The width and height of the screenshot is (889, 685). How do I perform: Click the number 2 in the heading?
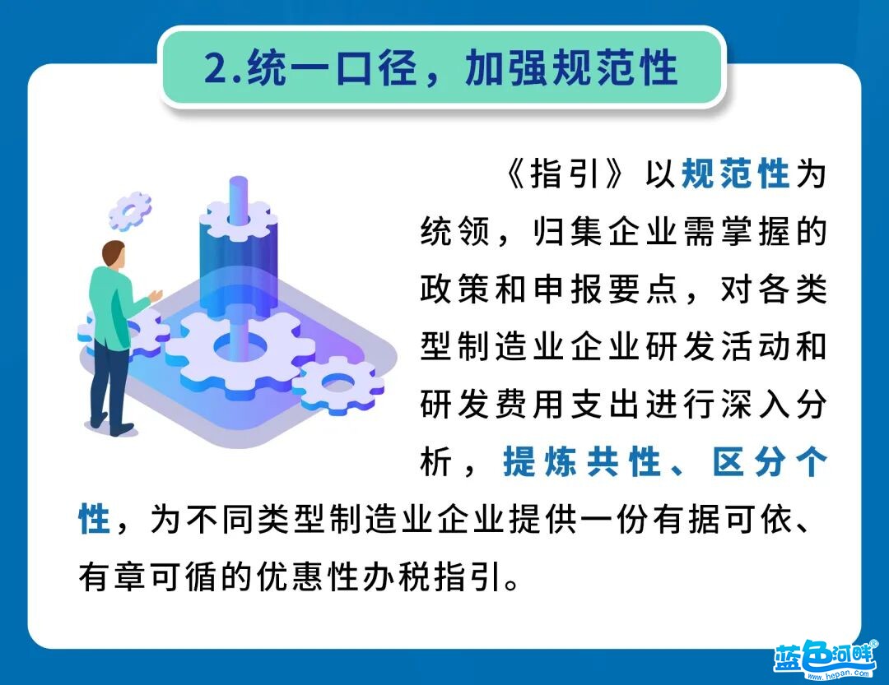tap(216, 69)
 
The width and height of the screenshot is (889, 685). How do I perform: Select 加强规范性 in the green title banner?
tap(571, 68)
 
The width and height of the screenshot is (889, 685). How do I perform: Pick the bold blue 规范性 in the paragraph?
tap(735, 174)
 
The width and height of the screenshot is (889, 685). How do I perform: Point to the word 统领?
tap(454, 231)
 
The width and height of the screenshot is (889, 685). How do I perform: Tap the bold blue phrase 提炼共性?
tap(582, 462)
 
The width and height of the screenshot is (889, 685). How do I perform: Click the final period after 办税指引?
tap(511, 585)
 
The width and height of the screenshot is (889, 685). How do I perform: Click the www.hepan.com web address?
tap(838, 675)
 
